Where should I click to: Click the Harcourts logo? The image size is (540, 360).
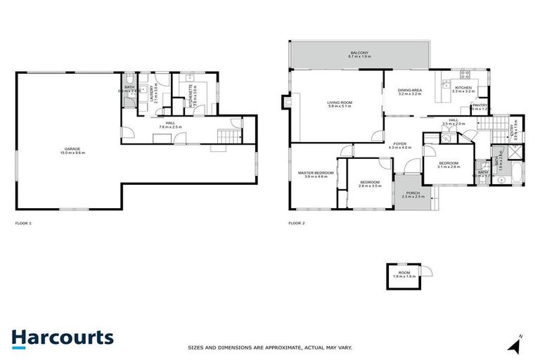62,337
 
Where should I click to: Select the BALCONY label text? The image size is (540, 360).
359,53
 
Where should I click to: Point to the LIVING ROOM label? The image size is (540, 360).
339,103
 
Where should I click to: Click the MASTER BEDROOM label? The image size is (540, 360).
314,173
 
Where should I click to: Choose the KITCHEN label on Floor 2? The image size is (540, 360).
463,88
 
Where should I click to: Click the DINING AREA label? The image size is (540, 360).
409,91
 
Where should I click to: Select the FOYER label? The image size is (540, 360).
399,144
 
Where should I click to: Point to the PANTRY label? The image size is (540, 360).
479,106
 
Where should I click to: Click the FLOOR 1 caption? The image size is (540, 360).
23,223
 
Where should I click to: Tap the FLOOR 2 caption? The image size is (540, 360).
296,223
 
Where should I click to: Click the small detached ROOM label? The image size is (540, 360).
404,272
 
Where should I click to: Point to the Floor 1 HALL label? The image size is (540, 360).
170,124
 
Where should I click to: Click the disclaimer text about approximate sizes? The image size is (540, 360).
269,347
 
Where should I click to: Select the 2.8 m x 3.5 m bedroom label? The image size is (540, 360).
369,183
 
